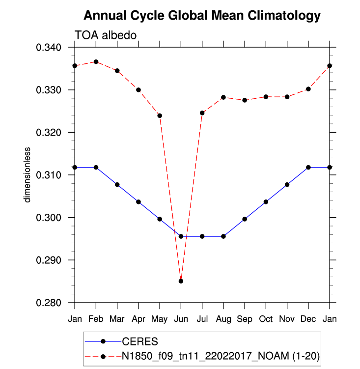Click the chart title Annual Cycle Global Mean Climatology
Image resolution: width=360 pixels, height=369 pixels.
202,16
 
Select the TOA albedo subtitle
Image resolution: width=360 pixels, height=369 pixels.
105,35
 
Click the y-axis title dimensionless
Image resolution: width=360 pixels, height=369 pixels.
28,174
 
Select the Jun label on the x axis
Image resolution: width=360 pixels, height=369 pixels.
181,319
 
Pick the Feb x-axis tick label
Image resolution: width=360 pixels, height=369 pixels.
96,319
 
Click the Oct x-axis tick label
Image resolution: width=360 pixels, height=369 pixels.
266,319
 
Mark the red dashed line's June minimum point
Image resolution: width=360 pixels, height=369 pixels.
181,281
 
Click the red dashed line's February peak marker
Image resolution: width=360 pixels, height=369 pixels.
96,62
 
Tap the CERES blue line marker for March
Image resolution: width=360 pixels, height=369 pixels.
117,185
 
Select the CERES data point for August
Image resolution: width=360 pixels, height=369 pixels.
223,236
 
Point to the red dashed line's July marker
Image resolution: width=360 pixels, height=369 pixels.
202,113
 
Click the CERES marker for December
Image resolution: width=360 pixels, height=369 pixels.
308,168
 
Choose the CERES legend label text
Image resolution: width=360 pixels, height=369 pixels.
139,341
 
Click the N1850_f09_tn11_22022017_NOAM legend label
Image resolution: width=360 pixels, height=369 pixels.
221,355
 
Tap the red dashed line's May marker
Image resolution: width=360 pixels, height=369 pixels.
160,115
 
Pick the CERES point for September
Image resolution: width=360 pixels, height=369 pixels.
245,219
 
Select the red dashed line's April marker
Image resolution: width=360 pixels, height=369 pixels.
138,90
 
